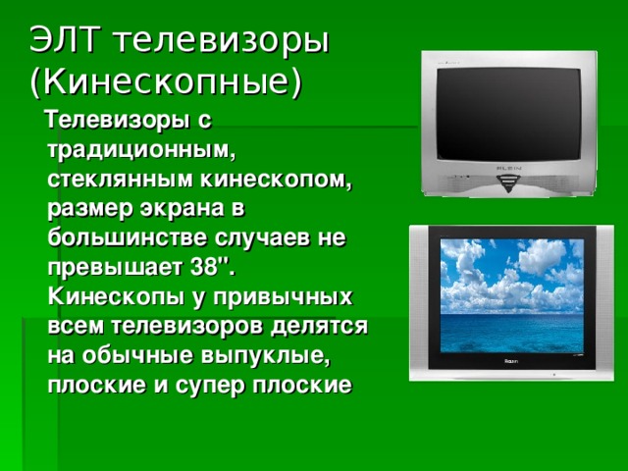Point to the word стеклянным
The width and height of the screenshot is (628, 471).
tap(112, 182)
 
